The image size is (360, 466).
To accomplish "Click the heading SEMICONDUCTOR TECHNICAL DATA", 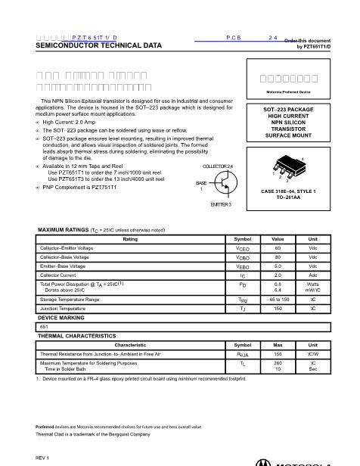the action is coord(98,46).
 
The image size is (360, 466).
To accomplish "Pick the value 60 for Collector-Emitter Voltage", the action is coord(278,247).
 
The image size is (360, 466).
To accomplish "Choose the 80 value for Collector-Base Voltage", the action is coord(278,257).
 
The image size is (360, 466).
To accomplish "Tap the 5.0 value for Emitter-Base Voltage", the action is coord(278,267).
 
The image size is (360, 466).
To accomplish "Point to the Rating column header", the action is coord(130,238).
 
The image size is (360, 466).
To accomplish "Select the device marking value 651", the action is coord(44,326).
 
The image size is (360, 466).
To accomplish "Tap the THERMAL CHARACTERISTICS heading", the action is coord(77,335).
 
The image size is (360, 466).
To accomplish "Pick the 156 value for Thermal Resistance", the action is coord(278,353).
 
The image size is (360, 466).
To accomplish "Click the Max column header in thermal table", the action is coord(278,344).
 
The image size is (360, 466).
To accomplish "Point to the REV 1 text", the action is coord(42,458).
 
